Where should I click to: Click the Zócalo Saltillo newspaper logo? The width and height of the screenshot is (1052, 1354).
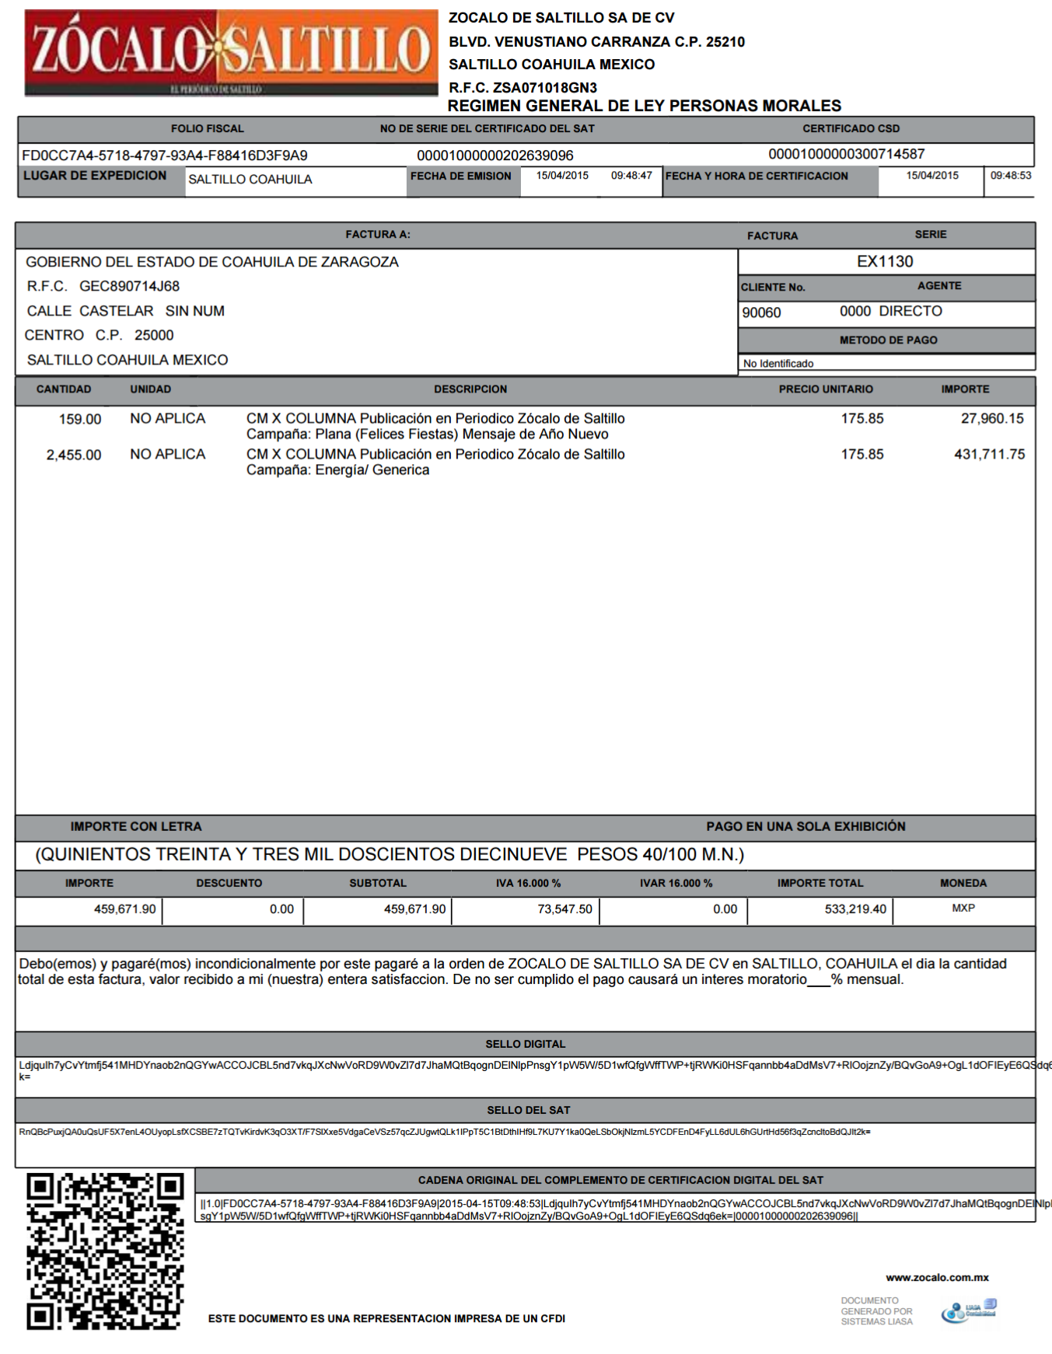click(x=231, y=53)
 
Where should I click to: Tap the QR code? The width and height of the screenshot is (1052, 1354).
click(x=105, y=1251)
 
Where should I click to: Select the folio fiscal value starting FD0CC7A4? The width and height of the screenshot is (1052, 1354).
click(x=165, y=155)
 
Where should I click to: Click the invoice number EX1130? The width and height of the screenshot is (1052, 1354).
click(x=885, y=262)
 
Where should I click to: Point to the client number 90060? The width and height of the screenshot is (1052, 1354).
click(x=761, y=312)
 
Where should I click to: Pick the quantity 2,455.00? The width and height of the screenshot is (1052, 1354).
click(x=74, y=455)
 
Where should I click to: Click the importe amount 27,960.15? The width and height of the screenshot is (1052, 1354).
click(x=992, y=419)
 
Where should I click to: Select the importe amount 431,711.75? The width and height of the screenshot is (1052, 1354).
click(x=989, y=455)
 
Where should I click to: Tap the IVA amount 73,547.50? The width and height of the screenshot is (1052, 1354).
click(x=564, y=909)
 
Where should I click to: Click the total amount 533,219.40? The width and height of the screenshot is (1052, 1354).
click(x=855, y=909)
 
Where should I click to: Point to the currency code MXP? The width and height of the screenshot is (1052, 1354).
click(x=963, y=908)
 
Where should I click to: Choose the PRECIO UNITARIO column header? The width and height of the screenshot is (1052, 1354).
click(x=826, y=389)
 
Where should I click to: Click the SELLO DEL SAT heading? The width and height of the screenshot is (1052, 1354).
click(x=528, y=1110)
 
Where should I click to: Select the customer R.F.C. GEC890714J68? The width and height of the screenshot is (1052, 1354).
click(x=129, y=287)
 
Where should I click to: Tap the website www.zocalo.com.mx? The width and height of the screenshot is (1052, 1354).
click(x=937, y=1277)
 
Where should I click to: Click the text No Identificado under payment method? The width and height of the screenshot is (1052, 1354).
click(x=778, y=364)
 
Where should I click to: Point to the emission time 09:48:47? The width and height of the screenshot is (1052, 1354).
click(x=631, y=176)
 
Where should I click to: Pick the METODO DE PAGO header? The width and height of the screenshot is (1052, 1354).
click(x=888, y=340)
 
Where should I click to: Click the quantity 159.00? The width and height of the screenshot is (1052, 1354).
click(x=80, y=420)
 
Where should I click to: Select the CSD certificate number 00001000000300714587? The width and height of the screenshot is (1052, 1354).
click(x=846, y=155)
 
